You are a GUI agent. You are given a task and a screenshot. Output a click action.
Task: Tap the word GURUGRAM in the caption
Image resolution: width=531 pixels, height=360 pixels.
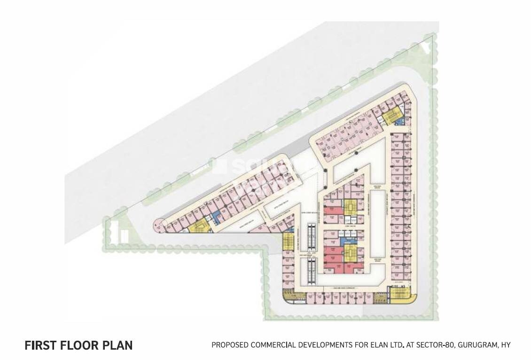click(x=474, y=345)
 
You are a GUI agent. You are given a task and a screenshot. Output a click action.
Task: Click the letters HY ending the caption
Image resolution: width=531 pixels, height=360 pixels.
click(x=506, y=345)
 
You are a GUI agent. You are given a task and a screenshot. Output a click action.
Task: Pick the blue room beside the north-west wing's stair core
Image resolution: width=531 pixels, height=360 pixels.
click(x=216, y=217)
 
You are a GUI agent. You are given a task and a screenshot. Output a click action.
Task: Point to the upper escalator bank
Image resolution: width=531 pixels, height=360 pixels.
click(x=310, y=238)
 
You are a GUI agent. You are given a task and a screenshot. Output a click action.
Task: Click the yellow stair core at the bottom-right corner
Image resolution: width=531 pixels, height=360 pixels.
click(x=400, y=296)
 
